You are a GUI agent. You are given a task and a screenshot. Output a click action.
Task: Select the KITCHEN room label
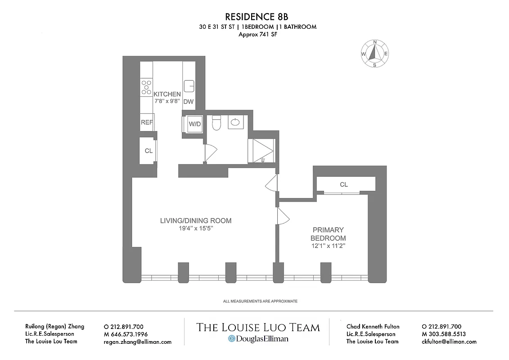[167, 94]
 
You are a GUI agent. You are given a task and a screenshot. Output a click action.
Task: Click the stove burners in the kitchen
[146, 87]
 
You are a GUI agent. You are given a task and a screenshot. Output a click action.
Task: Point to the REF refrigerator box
[147, 122]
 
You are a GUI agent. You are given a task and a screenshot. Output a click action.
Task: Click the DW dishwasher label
[188, 102]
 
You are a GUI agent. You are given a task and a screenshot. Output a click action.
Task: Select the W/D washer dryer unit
[194, 123]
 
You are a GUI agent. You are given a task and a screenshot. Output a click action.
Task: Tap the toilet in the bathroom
[216, 123]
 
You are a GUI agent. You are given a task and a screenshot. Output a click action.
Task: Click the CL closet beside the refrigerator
[149, 151]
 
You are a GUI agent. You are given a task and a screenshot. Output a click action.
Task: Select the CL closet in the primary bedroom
[344, 184]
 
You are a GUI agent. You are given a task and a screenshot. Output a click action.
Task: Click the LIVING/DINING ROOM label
[196, 220]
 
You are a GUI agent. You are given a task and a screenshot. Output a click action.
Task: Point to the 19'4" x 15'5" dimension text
[196, 229]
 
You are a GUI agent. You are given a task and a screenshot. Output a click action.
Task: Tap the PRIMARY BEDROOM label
[328, 234]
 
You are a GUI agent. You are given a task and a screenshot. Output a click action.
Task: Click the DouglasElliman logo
[258, 339]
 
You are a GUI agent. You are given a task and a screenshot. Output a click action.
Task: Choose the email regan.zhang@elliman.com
[137, 342]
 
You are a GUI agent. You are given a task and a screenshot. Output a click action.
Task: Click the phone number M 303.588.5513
[444, 334]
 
